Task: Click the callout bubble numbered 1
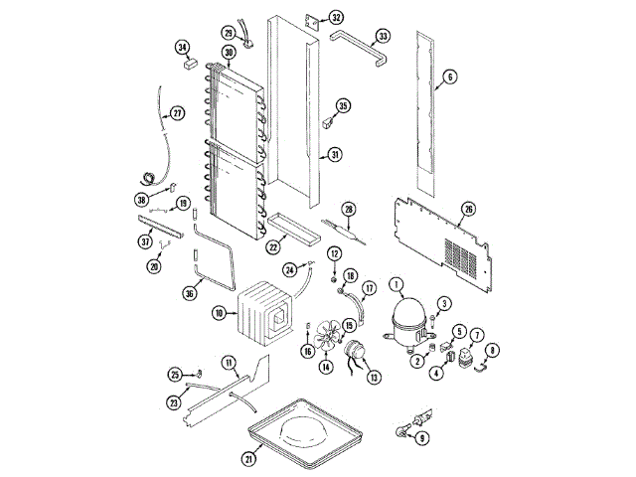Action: coord(397,284)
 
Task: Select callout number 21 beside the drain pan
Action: coord(249,459)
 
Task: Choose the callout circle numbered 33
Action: coord(382,39)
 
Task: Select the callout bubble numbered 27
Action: coord(177,112)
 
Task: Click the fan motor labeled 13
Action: coord(354,352)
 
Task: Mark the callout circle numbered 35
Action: coord(344,106)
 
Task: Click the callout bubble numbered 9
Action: coord(423,437)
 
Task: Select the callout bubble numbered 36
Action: coord(190,293)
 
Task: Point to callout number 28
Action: coord(349,209)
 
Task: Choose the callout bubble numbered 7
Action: coord(477,335)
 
